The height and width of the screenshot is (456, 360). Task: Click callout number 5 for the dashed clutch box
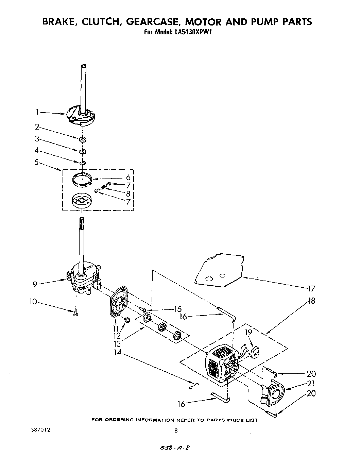[37, 162]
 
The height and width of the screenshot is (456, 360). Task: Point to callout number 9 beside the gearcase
[35, 284]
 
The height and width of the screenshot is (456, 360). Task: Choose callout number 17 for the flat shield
[311, 289]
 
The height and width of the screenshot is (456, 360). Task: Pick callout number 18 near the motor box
[311, 301]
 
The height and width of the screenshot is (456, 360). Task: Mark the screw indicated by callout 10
[76, 313]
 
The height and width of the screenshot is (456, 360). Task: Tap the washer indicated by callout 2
[83, 139]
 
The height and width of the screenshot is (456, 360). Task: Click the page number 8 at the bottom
[176, 430]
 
